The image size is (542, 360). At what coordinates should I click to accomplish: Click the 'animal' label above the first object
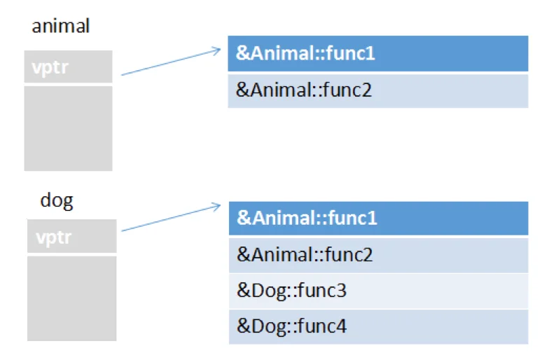click(61, 26)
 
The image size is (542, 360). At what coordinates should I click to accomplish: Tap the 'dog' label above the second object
click(57, 200)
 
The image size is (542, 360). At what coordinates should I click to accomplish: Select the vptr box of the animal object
click(68, 67)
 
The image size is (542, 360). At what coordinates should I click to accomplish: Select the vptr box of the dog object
click(72, 236)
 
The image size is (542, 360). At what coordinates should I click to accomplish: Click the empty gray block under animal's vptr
click(68, 128)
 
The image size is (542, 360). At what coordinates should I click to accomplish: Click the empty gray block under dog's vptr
click(72, 298)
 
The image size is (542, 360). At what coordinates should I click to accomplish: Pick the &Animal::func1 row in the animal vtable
click(378, 54)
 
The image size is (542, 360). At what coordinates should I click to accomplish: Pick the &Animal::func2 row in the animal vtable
click(378, 91)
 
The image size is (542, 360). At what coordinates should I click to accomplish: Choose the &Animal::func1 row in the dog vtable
click(379, 219)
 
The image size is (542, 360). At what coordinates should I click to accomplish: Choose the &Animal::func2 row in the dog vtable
click(379, 256)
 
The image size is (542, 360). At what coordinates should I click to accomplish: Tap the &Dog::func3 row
click(379, 291)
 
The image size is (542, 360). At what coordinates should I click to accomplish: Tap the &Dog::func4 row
click(379, 327)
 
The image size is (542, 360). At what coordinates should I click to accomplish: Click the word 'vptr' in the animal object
click(50, 68)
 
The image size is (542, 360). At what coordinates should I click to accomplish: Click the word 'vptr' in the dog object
click(54, 238)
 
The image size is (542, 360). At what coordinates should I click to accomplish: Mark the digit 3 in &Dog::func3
click(341, 291)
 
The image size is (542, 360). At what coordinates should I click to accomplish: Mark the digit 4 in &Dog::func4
click(341, 326)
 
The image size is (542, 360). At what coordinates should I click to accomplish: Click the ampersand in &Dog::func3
click(244, 291)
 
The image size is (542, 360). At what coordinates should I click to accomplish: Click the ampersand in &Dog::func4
click(244, 326)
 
